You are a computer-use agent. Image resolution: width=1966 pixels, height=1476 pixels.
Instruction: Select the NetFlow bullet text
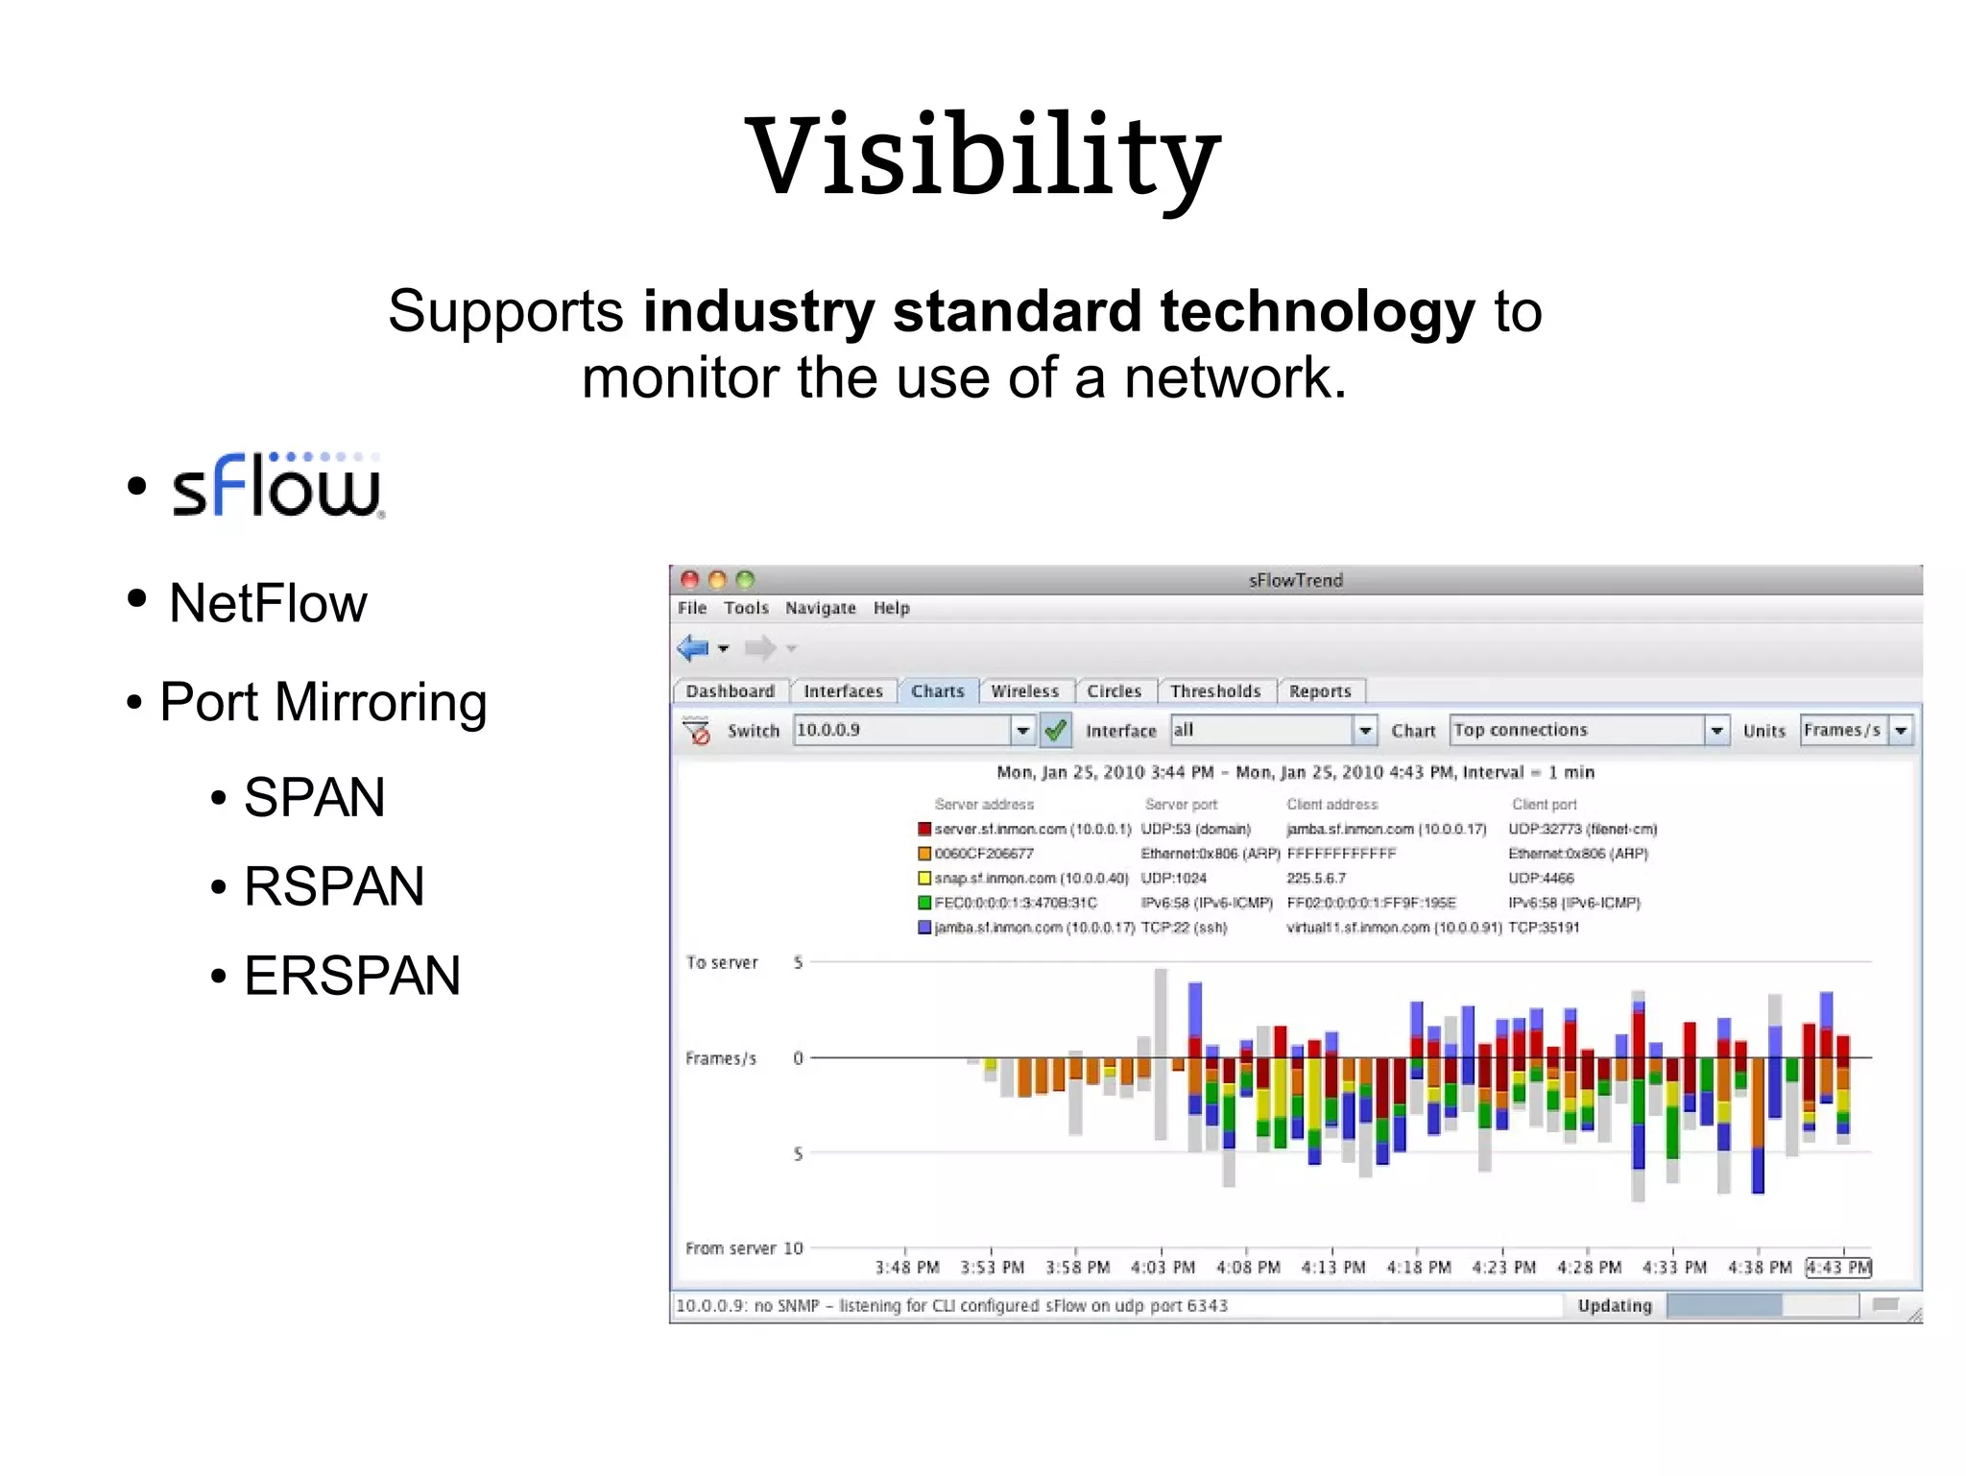(268, 603)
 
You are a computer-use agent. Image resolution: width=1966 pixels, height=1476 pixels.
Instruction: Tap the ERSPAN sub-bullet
(351, 976)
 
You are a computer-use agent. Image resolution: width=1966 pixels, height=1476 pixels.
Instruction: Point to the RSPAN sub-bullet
(333, 886)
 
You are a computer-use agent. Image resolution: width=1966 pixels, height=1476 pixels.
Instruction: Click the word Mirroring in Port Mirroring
(380, 702)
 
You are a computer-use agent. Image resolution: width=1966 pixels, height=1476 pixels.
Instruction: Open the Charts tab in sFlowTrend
(937, 691)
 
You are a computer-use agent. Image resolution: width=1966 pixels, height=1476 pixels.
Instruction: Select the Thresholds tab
(1214, 691)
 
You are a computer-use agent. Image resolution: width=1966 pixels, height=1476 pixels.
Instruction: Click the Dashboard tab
(730, 691)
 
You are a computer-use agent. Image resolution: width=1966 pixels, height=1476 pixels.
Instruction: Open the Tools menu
(746, 608)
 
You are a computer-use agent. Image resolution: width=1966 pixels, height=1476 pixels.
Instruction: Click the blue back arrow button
(693, 648)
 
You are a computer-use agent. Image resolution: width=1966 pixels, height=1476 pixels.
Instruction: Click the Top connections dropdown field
(1577, 730)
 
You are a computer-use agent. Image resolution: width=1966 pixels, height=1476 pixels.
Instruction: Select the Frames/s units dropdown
(1844, 730)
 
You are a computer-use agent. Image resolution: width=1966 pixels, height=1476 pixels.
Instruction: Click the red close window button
(689, 579)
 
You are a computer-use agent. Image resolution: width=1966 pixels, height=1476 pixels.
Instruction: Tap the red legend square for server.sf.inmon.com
(924, 829)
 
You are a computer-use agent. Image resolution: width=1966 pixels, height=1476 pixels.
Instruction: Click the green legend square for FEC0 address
(924, 903)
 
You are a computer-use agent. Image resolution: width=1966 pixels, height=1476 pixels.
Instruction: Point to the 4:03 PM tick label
(1163, 1268)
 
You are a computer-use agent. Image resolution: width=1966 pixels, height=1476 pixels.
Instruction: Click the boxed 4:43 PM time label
(1838, 1268)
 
